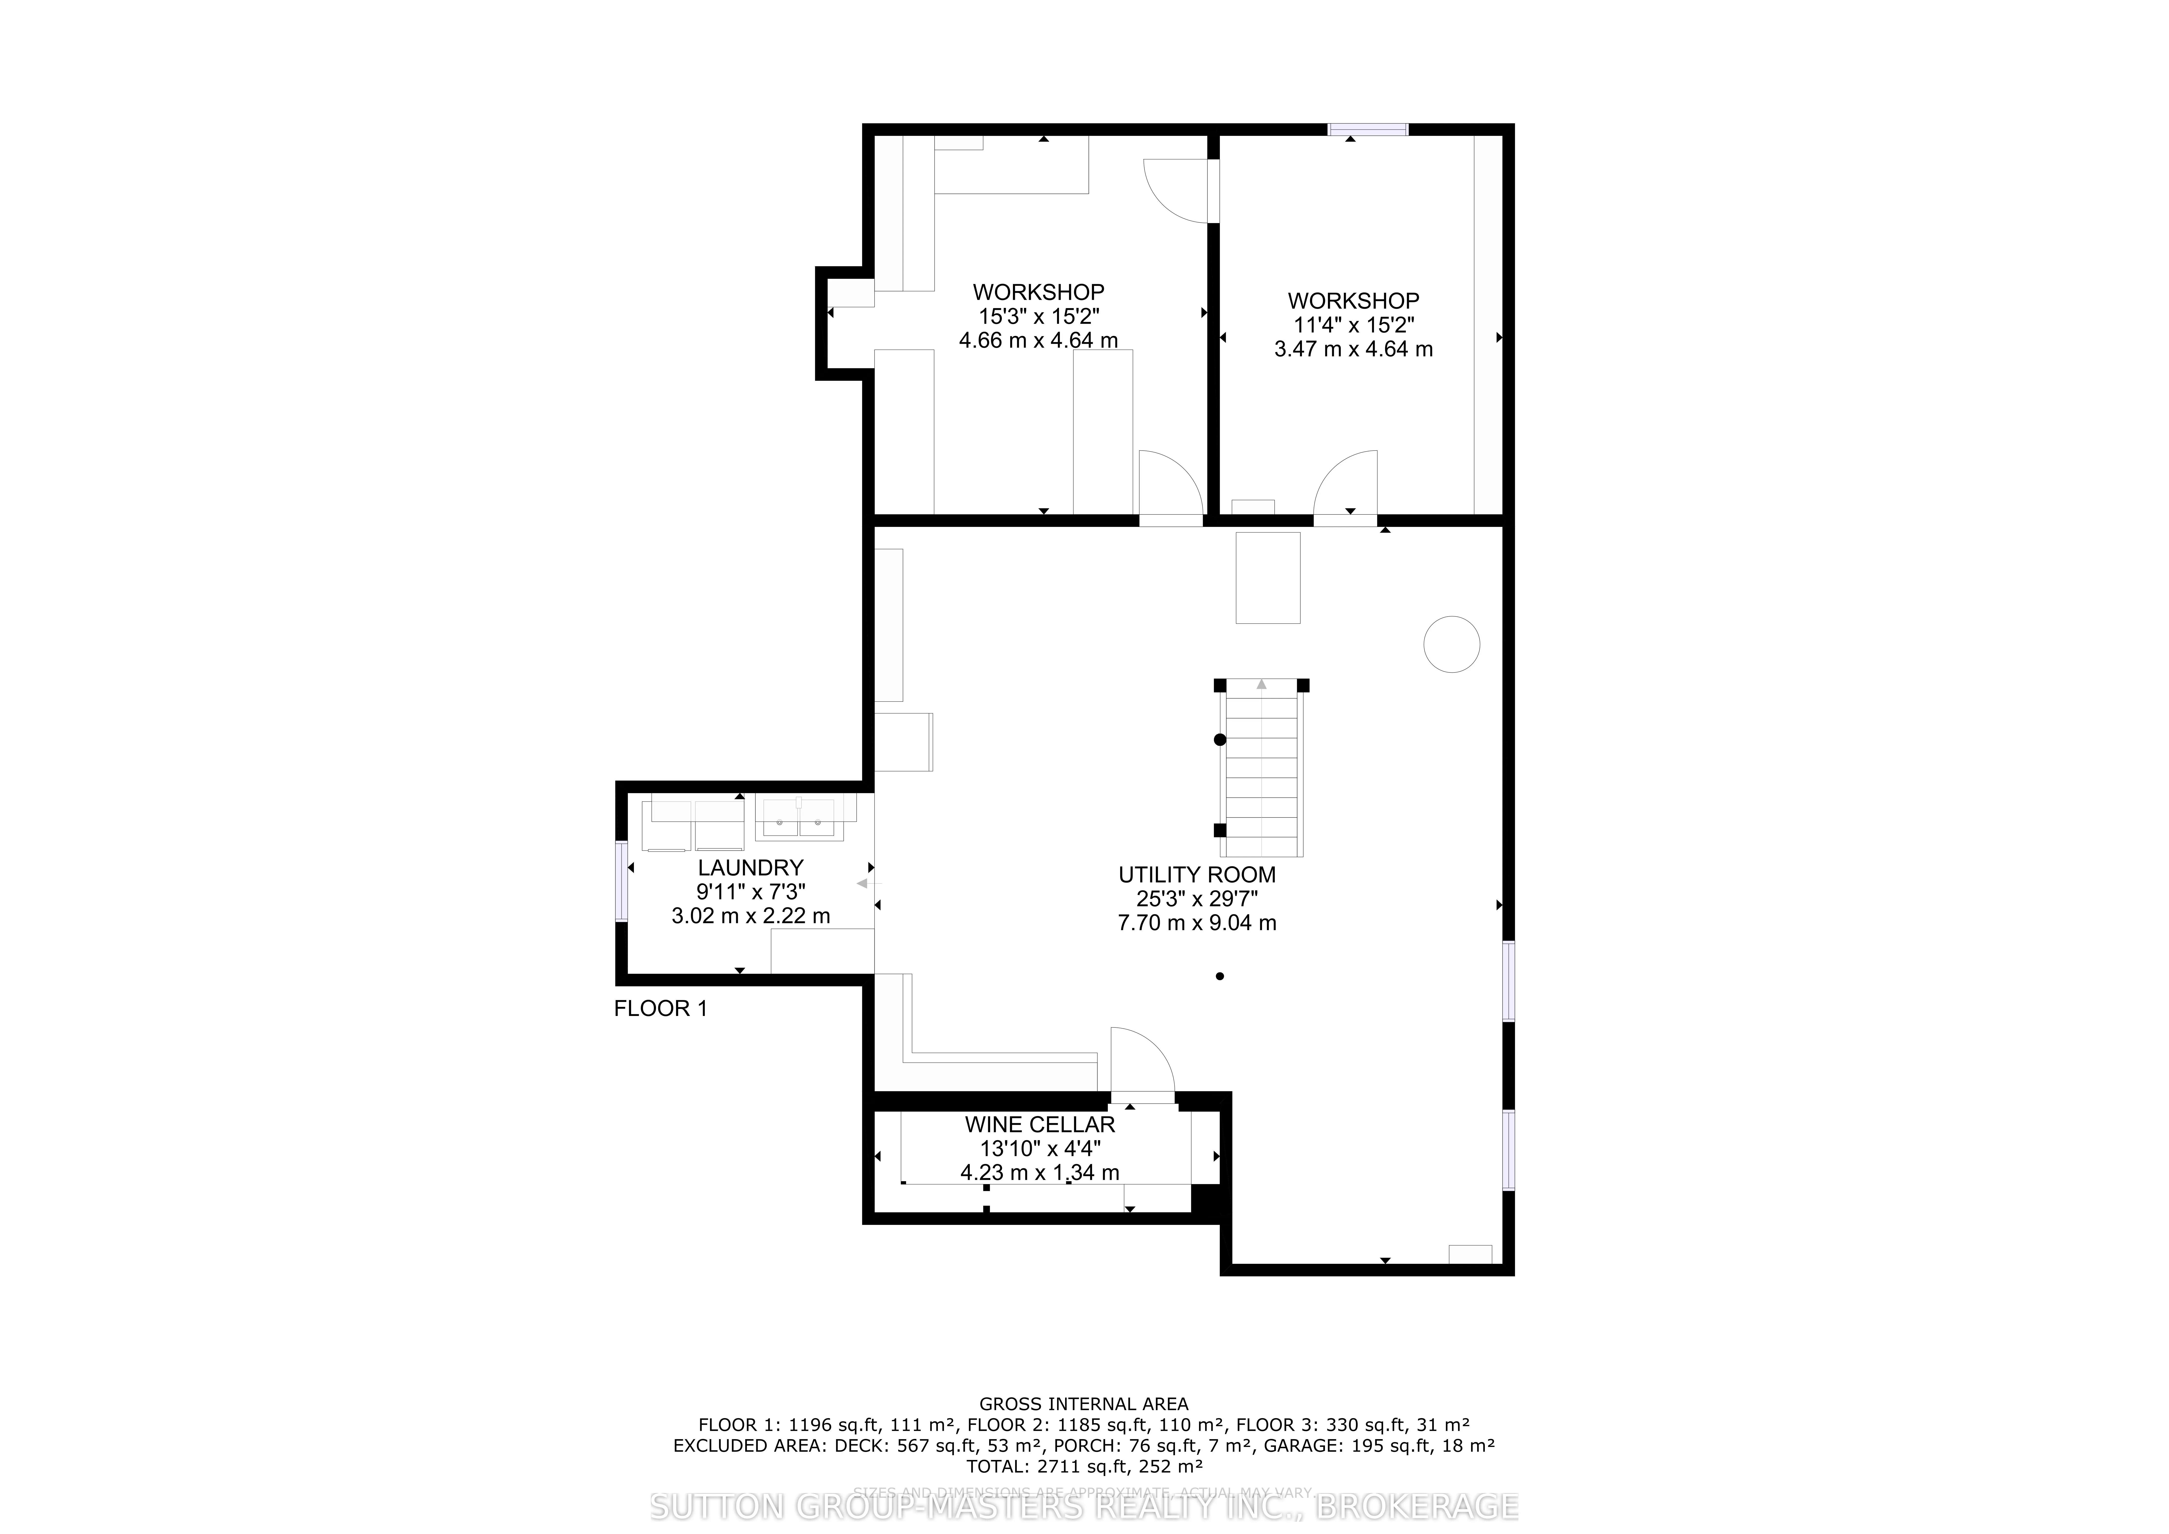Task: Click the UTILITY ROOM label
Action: [x=1197, y=875]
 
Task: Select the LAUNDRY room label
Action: [x=750, y=867]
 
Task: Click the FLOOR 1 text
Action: [x=660, y=1009]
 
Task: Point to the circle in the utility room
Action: [x=1451, y=644]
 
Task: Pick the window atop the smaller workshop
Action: [x=1368, y=129]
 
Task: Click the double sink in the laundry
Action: [x=799, y=820]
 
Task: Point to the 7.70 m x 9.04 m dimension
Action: [x=1197, y=923]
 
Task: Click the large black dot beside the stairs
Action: [x=1220, y=740]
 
